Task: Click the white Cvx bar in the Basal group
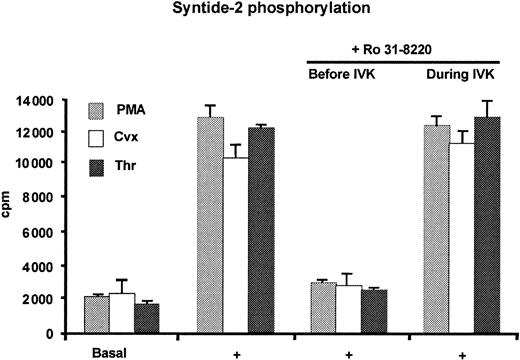122,312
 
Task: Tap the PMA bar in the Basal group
97,314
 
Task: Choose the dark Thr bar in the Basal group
146,317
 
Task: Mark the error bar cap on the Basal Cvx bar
122,280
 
